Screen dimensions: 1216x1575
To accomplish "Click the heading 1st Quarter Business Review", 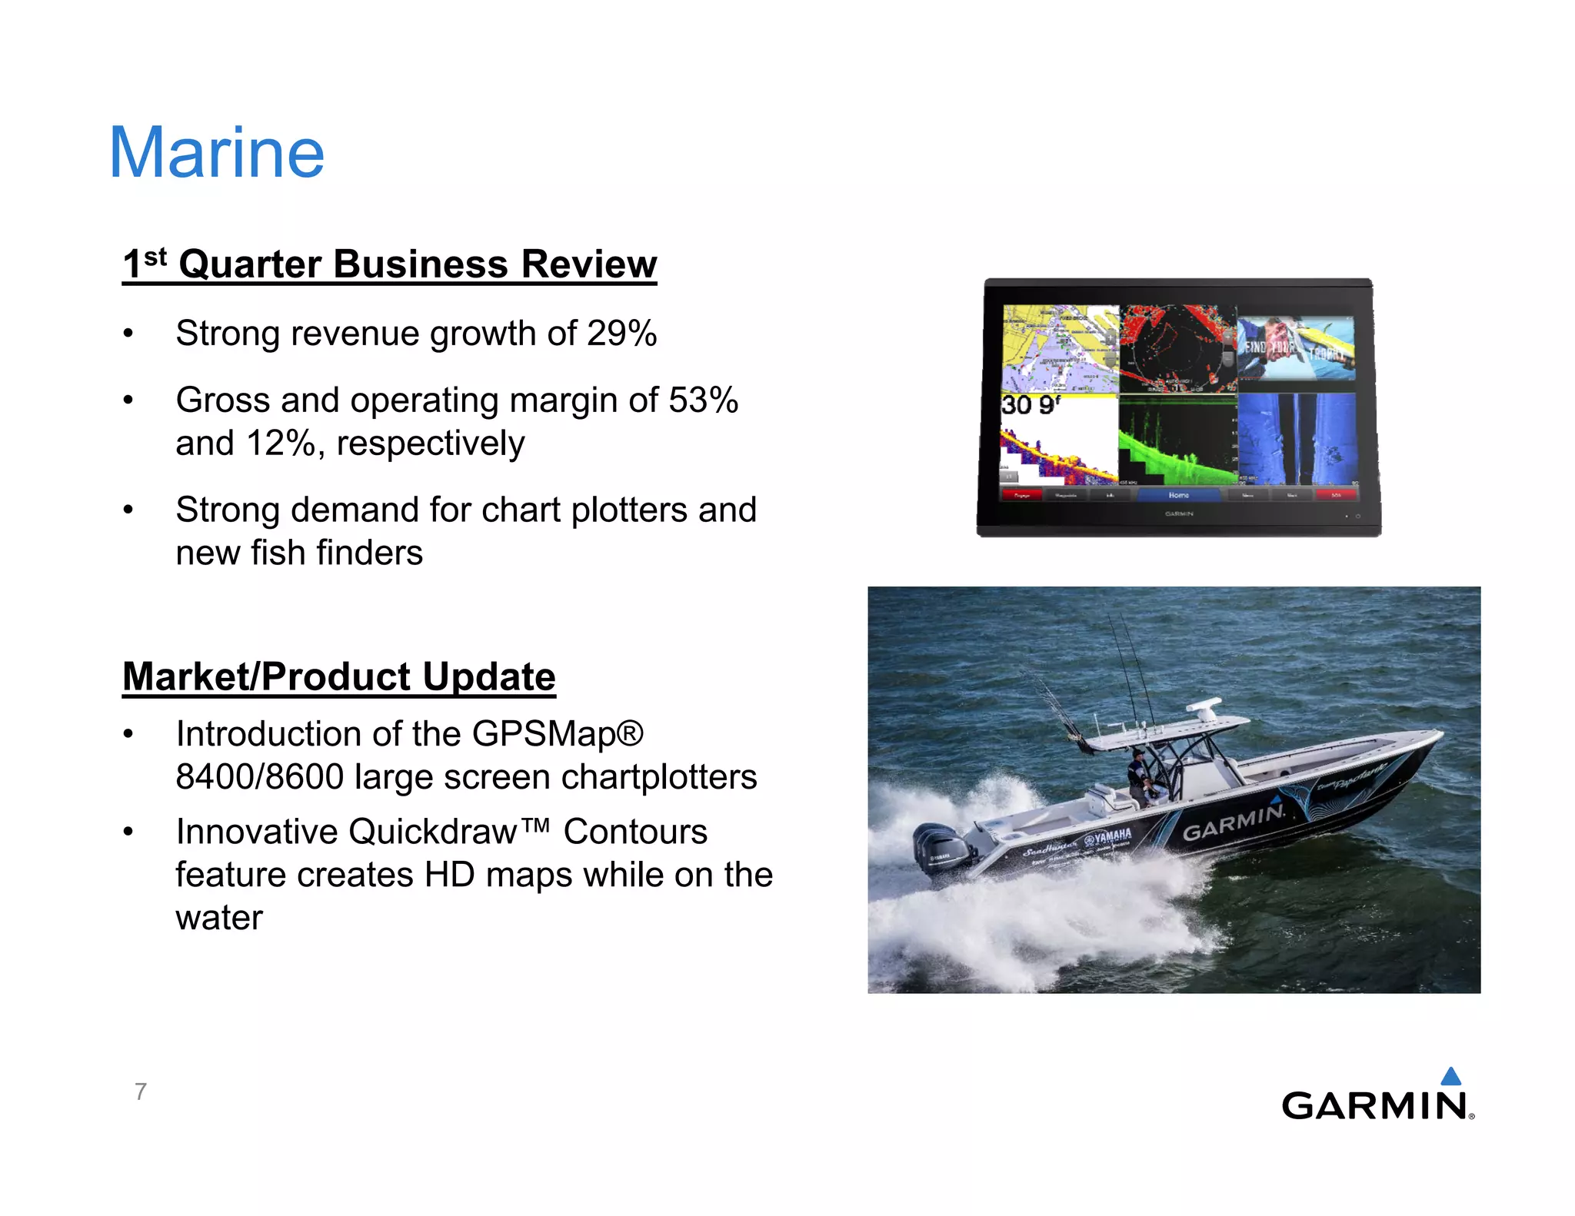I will pyautogui.click(x=389, y=264).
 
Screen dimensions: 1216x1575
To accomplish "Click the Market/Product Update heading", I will pyautogui.click(x=338, y=677).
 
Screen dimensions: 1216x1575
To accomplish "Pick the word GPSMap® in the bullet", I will pyautogui.click(x=558, y=734).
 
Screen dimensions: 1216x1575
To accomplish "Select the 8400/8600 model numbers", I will pyautogui.click(x=259, y=777).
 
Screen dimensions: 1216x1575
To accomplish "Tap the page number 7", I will pyautogui.click(x=141, y=1091).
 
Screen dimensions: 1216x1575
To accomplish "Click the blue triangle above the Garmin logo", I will pyautogui.click(x=1450, y=1076).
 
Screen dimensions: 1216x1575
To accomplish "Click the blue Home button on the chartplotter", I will pyautogui.click(x=1178, y=495).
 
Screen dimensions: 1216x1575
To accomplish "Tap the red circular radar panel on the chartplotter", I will pyautogui.click(x=1177, y=349).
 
